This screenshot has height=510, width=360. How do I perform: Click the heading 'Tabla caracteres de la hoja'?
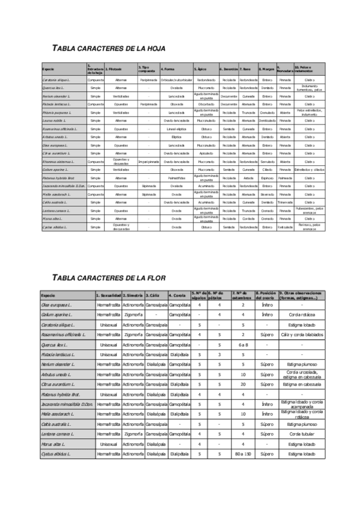pos(109,48)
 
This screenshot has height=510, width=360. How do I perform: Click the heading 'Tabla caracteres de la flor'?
pos(109,278)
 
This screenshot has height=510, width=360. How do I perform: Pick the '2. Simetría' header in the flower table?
pos(132,296)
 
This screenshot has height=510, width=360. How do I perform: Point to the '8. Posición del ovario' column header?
pos(266,296)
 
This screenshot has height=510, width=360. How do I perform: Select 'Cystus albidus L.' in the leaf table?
pos(53,227)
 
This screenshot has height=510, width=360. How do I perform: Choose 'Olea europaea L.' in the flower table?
pos(55,306)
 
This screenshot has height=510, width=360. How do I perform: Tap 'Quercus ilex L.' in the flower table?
pos(53,345)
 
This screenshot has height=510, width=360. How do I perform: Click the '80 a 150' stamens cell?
pos(243,453)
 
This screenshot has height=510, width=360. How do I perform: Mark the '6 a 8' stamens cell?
pos(243,345)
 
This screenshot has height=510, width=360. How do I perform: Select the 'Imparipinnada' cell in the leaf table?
pos(148,162)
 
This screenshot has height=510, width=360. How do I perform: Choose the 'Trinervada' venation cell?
pos(285,203)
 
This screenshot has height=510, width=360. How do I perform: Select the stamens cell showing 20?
pos(243,384)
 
